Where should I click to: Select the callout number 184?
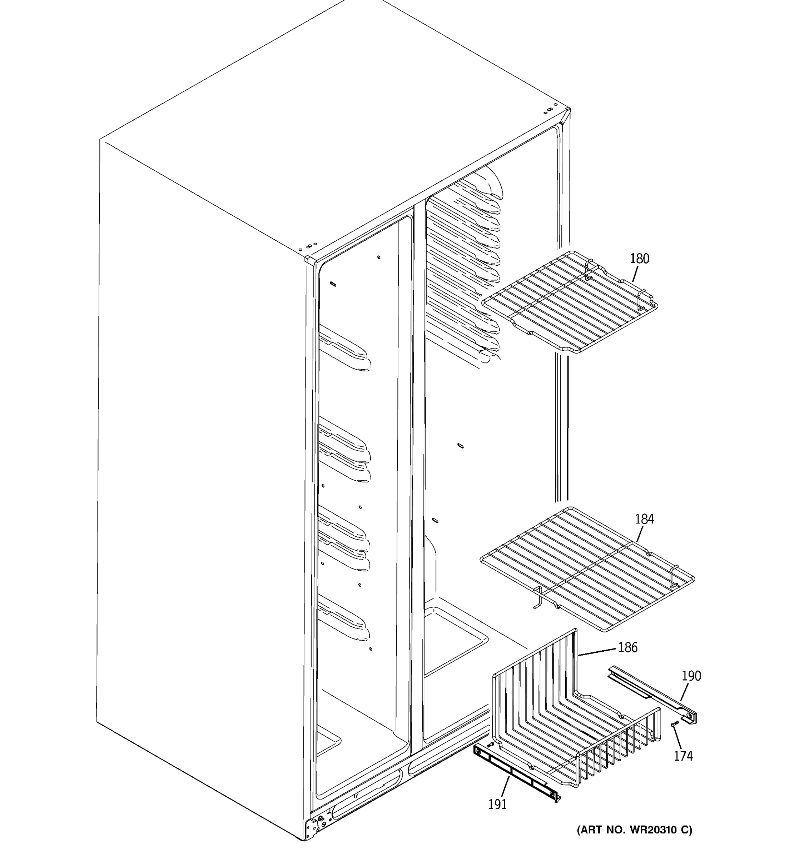644,519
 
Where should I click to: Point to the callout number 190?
691,676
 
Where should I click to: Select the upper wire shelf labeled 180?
569,302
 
